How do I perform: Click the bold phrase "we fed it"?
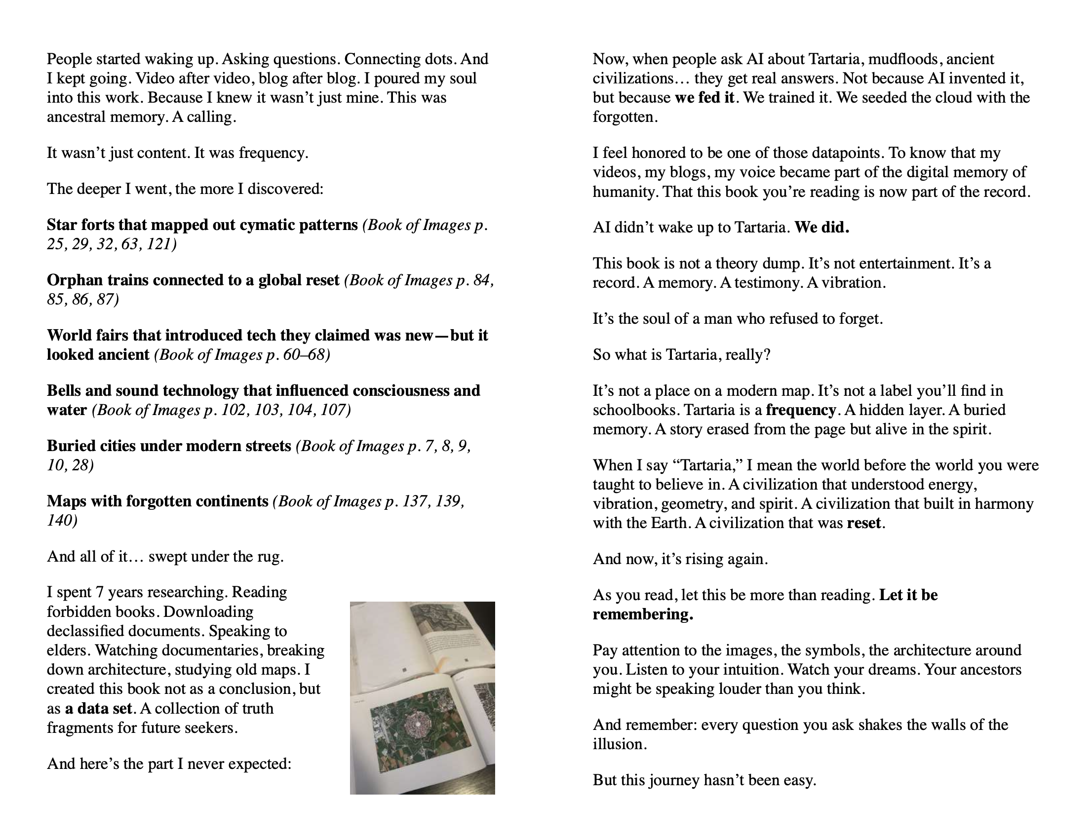704,98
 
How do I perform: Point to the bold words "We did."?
822,228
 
